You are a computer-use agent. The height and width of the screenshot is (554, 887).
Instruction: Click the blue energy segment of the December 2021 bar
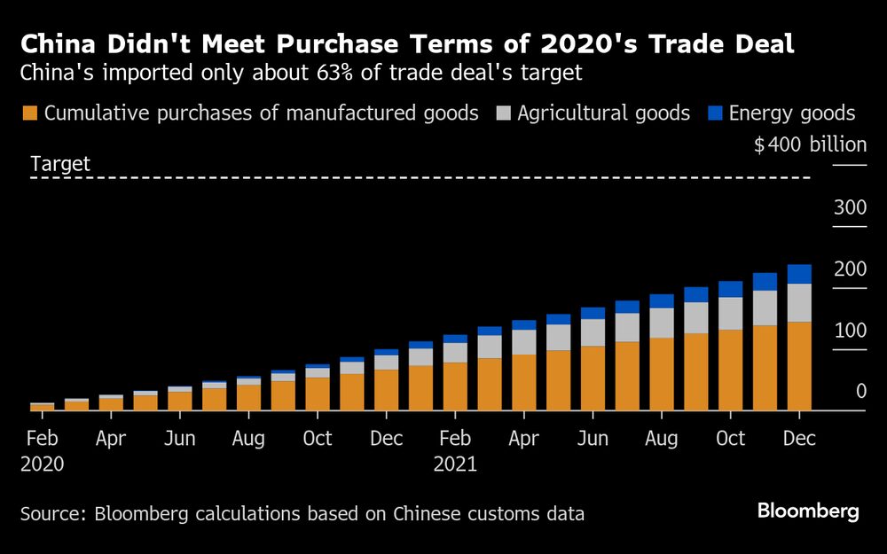(799, 274)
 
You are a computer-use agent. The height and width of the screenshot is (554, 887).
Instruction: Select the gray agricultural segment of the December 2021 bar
(799, 302)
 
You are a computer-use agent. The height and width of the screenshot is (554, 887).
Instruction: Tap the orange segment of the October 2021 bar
(730, 370)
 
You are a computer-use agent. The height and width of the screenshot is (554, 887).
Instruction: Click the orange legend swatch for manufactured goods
(29, 113)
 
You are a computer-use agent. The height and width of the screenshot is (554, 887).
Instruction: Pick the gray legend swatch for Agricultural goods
(503, 113)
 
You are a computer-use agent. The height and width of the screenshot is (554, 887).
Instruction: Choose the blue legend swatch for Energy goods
(714, 113)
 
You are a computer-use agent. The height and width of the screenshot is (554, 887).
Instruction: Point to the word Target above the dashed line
(60, 164)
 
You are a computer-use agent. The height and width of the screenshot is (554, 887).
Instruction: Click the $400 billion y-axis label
(809, 144)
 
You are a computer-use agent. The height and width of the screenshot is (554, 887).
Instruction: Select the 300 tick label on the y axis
(849, 208)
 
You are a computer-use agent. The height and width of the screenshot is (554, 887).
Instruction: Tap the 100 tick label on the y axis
(849, 331)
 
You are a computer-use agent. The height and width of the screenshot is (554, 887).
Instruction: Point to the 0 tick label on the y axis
(860, 391)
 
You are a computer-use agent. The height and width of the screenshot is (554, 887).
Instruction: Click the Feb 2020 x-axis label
(42, 439)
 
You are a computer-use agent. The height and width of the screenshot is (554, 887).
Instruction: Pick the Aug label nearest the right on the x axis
(662, 439)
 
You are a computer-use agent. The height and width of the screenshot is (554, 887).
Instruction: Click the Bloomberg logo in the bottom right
(807, 511)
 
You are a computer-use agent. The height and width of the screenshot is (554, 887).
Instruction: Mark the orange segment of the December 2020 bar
(386, 390)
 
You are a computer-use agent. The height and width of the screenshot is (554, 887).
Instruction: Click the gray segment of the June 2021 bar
(593, 332)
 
